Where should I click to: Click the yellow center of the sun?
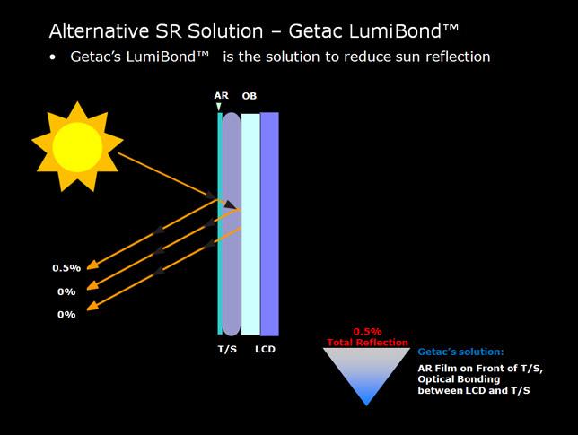pyautogui.click(x=77, y=146)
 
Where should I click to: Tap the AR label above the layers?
pyautogui.click(x=221, y=96)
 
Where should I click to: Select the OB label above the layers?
pyautogui.click(x=250, y=96)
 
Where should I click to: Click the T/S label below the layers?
pyautogui.click(x=227, y=349)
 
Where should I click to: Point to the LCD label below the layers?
pyautogui.click(x=265, y=349)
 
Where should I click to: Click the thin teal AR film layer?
pyautogui.click(x=220, y=223)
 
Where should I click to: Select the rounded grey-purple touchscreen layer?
pyautogui.click(x=232, y=224)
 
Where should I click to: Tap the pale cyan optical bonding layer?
pyautogui.click(x=250, y=224)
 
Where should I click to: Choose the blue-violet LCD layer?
pyautogui.click(x=270, y=224)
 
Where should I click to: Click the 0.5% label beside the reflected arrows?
pyautogui.click(x=66, y=268)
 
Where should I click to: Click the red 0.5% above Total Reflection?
pyautogui.click(x=367, y=332)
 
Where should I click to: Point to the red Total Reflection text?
pyautogui.click(x=367, y=343)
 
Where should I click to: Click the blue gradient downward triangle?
pyautogui.click(x=367, y=372)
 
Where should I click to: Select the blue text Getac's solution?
pyautogui.click(x=460, y=352)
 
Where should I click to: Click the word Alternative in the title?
pyautogui.click(x=100, y=30)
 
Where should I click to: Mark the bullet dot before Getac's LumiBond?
pyautogui.click(x=53, y=57)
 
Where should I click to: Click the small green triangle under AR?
pyautogui.click(x=219, y=107)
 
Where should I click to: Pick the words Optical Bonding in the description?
pyautogui.click(x=459, y=379)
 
